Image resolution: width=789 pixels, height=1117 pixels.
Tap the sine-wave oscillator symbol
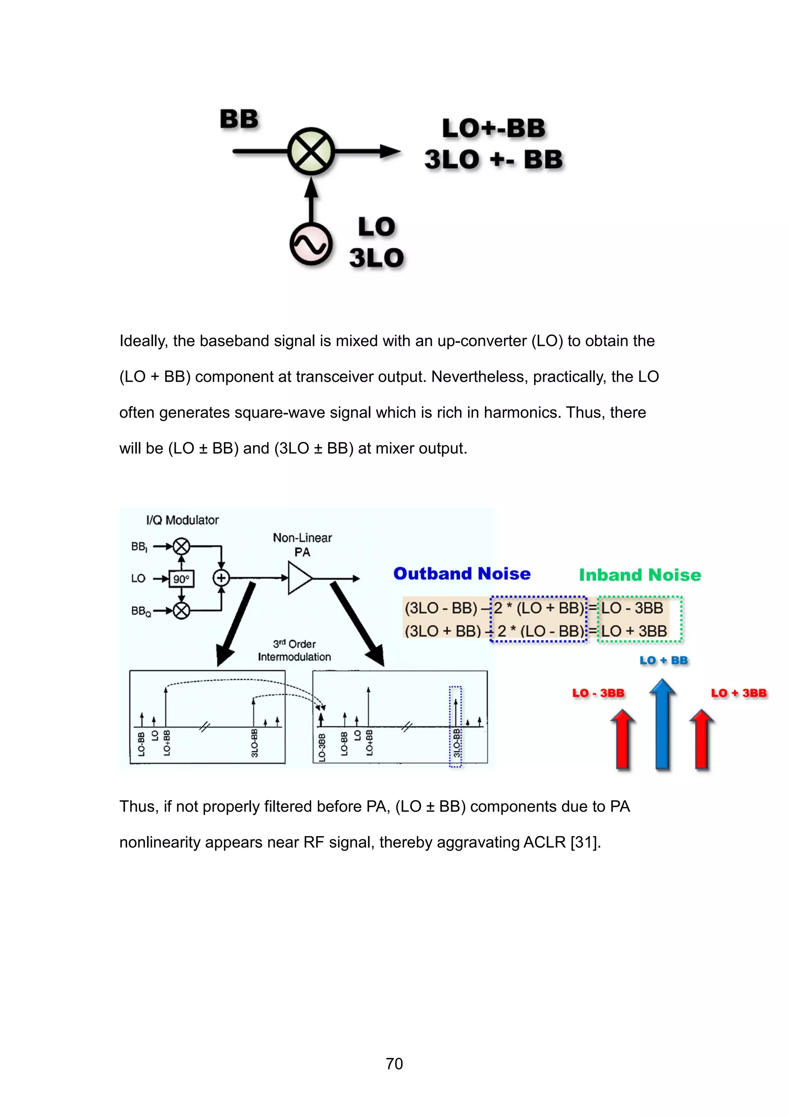pyautogui.click(x=311, y=244)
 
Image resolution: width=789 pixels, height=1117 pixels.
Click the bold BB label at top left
pyautogui.click(x=239, y=119)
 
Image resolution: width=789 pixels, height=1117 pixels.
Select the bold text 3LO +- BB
pyautogui.click(x=494, y=160)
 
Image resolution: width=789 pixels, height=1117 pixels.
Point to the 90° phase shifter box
pyautogui.click(x=181, y=579)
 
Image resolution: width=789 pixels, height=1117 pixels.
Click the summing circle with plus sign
pyautogui.click(x=221, y=578)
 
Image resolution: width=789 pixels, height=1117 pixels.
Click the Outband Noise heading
pyautogui.click(x=462, y=574)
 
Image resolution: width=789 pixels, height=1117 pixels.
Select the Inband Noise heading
pyautogui.click(x=640, y=575)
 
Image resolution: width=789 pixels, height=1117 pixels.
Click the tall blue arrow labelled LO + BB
pyautogui.click(x=663, y=725)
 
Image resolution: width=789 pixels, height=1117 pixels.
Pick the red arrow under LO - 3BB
pyautogui.click(x=623, y=740)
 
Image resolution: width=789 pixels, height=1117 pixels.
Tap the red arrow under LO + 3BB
pyautogui.click(x=702, y=740)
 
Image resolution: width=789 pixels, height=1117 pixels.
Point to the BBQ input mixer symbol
pyautogui.click(x=181, y=611)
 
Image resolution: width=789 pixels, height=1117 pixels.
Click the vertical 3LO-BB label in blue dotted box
pyautogui.click(x=456, y=742)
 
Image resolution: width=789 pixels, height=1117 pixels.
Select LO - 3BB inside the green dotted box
pyautogui.click(x=632, y=608)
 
